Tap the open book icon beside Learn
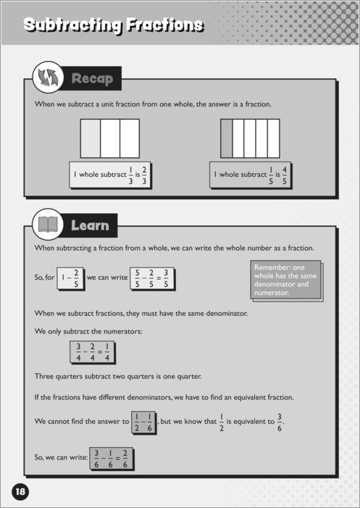48,224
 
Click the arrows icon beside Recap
47,77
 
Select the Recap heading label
92,78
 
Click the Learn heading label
90,225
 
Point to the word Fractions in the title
165,25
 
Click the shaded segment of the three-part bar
91,138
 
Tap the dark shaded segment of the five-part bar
227,138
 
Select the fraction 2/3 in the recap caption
144,175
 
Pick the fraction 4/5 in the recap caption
284,175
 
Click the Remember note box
287,280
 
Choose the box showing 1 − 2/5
70,278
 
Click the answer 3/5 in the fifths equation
165,278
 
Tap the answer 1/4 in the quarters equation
106,352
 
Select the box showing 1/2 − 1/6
143,422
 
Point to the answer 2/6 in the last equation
125,459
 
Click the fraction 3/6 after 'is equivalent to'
280,422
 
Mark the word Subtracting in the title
74,25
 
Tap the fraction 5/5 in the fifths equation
138,278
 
